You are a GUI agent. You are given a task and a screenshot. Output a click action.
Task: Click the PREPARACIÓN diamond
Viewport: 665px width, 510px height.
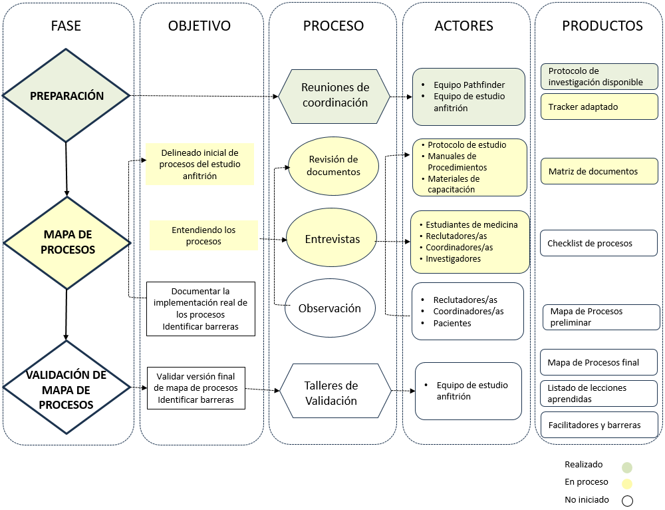coord(66,96)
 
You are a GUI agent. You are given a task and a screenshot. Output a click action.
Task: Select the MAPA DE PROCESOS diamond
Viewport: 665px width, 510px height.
coord(67,242)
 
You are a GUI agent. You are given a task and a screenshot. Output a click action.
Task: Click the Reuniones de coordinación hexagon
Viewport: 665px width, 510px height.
coord(334,95)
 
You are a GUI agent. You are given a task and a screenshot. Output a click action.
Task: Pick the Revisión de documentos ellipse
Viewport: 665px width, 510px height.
coord(333,166)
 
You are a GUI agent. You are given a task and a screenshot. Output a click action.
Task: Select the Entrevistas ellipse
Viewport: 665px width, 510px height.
coord(332,239)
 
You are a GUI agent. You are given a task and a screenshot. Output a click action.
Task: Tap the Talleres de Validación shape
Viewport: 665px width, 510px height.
coord(335,393)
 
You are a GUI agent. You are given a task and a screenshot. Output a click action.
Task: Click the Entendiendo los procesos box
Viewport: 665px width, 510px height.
coord(203,236)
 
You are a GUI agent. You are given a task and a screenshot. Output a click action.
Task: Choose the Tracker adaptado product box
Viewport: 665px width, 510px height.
coord(599,107)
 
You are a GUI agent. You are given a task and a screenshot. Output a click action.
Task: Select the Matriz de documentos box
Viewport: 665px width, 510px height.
coord(599,172)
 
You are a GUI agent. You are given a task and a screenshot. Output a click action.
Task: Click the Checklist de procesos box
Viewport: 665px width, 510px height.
coord(599,244)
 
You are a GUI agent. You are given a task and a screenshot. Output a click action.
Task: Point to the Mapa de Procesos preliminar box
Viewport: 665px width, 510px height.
coord(601,317)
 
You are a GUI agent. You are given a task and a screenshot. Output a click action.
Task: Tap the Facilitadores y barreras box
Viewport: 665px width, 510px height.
coord(599,425)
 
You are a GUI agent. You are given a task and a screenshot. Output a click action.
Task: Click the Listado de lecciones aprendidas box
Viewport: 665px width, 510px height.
coord(599,393)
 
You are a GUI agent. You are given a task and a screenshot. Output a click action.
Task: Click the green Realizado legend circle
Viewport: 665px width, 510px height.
coord(626,467)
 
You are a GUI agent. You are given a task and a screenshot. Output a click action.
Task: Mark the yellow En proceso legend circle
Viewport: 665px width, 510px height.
coord(626,484)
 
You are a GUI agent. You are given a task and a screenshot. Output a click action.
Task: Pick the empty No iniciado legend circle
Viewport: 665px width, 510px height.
coord(626,501)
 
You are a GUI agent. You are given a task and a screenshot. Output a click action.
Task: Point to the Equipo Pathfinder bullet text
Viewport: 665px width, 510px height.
coord(469,85)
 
